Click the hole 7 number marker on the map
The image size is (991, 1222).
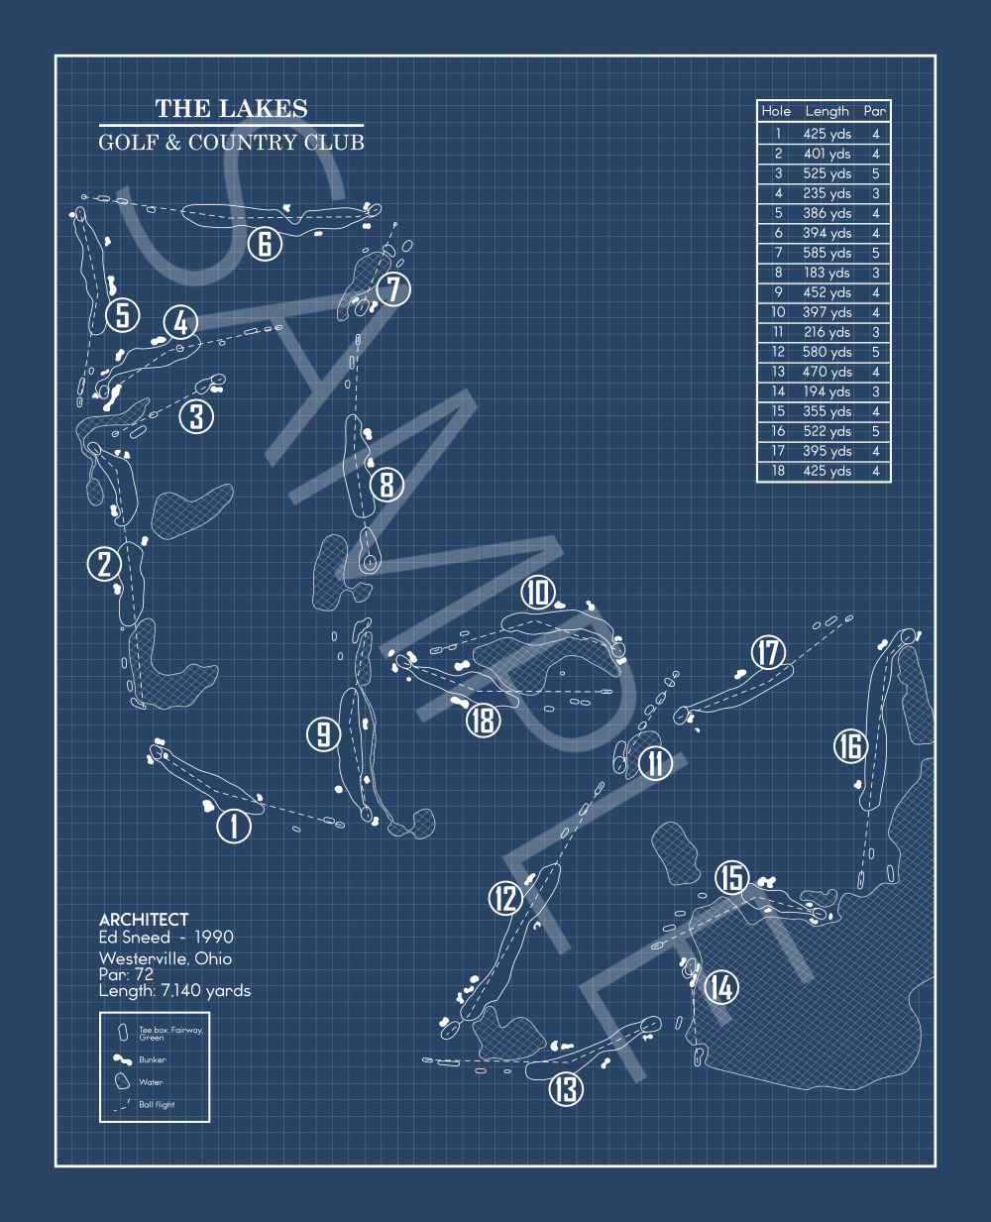[x=393, y=288]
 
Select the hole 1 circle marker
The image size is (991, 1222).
[x=234, y=827]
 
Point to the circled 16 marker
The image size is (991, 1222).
[x=851, y=746]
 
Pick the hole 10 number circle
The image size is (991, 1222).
[x=538, y=593]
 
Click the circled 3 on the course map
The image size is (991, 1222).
[x=196, y=416]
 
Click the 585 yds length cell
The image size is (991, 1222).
[x=826, y=253]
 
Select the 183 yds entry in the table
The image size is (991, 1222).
[x=826, y=273]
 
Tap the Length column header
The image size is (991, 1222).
[x=826, y=111]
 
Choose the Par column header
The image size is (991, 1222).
[x=875, y=111]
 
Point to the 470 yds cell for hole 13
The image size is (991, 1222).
[x=826, y=372]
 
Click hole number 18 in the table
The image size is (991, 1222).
[x=778, y=471]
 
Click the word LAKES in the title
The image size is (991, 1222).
[x=264, y=108]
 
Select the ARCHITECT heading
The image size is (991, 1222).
[x=144, y=920]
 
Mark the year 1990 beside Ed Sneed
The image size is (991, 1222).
[x=214, y=937]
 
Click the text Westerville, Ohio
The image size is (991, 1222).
[x=165, y=958]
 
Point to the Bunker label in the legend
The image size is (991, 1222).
[x=152, y=1059]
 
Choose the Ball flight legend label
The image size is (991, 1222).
[x=157, y=1104]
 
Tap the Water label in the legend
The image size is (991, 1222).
[x=151, y=1082]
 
